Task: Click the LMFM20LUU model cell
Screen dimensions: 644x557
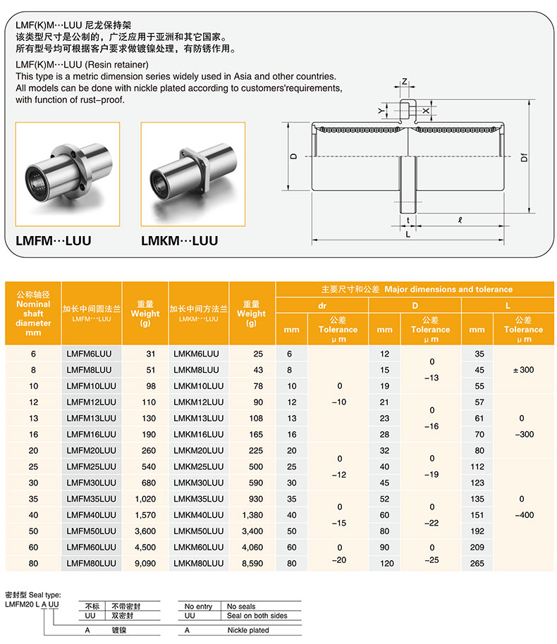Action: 91,451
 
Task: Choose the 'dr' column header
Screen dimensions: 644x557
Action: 322,306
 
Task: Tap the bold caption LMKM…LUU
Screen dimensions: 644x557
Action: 179,241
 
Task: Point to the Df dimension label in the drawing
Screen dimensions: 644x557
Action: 523,159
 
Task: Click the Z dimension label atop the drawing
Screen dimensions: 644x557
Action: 404,82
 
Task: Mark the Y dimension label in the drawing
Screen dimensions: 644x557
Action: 381,111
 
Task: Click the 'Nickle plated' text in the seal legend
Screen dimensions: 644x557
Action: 247,631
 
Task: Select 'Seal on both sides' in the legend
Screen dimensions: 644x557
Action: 257,616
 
